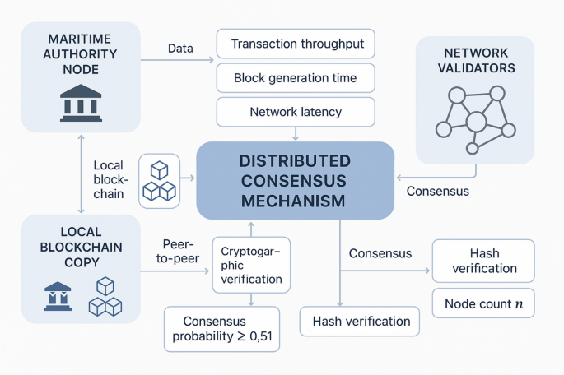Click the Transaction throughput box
point(296,44)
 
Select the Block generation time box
point(296,79)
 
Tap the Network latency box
point(296,111)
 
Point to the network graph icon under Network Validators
point(475,119)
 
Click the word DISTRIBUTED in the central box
point(295,160)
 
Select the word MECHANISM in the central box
point(295,200)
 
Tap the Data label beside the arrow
point(180,49)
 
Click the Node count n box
point(483,303)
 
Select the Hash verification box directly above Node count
point(483,261)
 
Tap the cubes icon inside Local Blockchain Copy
point(105,297)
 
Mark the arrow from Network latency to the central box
point(296,132)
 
